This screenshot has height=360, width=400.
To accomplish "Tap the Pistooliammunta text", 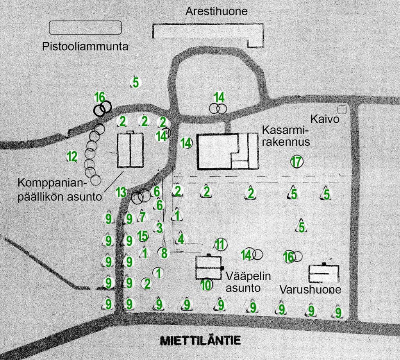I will click(x=85, y=47).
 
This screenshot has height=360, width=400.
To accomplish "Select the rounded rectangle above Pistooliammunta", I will click(x=85, y=27).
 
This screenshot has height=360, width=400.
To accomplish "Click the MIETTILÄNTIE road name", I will click(x=200, y=340).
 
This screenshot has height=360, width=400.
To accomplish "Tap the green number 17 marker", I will click(x=296, y=161).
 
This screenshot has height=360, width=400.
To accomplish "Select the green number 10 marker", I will click(x=206, y=285).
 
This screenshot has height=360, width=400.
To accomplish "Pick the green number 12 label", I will click(x=72, y=157).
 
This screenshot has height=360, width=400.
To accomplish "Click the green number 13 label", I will click(x=121, y=192).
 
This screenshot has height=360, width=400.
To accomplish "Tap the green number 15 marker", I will click(x=143, y=236).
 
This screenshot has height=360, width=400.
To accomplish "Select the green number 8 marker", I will click(x=164, y=253).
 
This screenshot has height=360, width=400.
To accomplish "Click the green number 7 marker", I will click(x=143, y=216).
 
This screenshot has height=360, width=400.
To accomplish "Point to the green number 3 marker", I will click(x=159, y=227).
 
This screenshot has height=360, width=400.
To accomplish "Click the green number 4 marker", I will click(x=180, y=238).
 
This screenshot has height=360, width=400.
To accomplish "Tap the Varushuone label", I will click(x=311, y=290).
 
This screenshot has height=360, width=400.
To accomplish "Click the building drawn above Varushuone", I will click(x=323, y=273).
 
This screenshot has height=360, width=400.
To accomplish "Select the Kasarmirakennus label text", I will click(x=286, y=136).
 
